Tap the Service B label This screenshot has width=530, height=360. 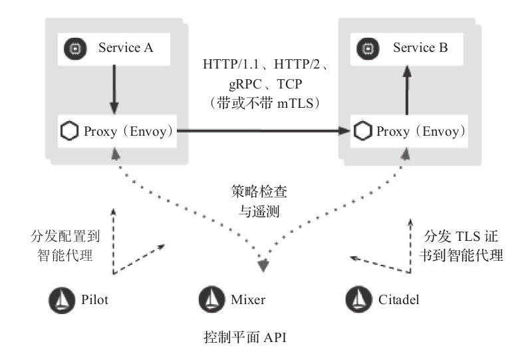coord(420,47)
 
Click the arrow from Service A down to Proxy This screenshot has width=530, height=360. coord(114,88)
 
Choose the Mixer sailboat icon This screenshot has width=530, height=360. coord(211,299)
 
